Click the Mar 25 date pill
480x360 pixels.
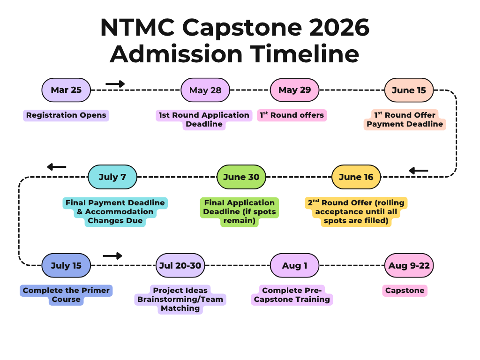pyautogui.click(x=66, y=90)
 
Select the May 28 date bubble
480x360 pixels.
pyautogui.click(x=205, y=90)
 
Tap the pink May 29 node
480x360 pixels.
pyautogui.click(x=294, y=90)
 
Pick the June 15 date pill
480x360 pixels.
pyautogui.click(x=409, y=90)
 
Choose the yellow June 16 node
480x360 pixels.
pyautogui.click(x=356, y=177)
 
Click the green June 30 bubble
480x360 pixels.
pyautogui.click(x=241, y=177)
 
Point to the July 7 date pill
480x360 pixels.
pyautogui.click(x=112, y=177)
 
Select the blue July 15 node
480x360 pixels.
pyautogui.click(x=66, y=265)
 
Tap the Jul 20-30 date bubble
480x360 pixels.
pyautogui.click(x=180, y=265)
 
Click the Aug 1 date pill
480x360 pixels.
pyautogui.click(x=294, y=265)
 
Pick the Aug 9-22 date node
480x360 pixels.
pyautogui.click(x=409, y=265)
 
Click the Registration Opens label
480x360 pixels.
pyautogui.click(x=66, y=115)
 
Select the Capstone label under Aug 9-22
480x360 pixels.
pyautogui.click(x=405, y=291)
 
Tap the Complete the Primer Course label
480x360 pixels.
pyautogui.click(x=66, y=295)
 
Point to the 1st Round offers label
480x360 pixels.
pyautogui.click(x=292, y=115)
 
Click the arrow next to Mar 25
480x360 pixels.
pyautogui.click(x=115, y=83)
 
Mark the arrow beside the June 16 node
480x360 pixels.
pyautogui.click(x=419, y=171)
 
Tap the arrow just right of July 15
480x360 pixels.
pyautogui.click(x=112, y=255)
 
